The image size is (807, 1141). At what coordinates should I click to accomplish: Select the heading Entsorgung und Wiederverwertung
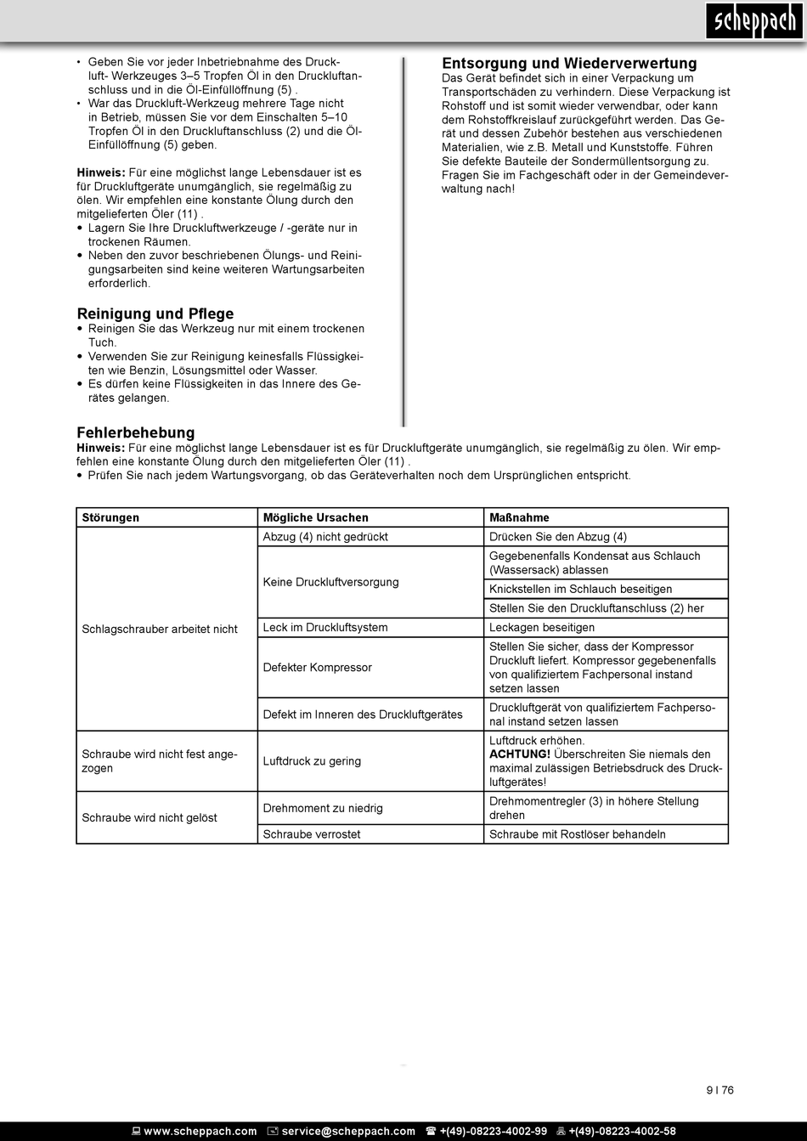point(569,64)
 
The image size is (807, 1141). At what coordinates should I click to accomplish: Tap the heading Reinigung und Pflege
point(155,313)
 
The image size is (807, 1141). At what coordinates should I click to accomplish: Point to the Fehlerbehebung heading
point(136,432)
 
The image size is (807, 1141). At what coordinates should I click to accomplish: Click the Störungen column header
point(110,517)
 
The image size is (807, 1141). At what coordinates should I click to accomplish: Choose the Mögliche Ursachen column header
point(316,517)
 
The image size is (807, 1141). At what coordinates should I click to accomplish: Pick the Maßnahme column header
point(519,517)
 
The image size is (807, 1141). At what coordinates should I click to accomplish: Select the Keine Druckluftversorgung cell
point(330,582)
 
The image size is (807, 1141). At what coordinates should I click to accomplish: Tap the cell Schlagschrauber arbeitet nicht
point(160,629)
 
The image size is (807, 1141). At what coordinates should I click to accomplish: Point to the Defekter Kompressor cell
point(317,668)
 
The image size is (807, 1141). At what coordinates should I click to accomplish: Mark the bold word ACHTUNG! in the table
point(520,754)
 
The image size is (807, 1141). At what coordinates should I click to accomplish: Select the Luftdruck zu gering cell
point(312,761)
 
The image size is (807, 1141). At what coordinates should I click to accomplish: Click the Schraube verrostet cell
point(312,834)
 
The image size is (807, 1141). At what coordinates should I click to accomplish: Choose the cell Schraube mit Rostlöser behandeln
point(577,834)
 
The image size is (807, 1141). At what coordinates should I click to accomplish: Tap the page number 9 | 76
point(719,1091)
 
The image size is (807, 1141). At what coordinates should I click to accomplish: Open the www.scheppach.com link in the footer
point(200,1132)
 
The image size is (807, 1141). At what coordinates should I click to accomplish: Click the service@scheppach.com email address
point(348,1132)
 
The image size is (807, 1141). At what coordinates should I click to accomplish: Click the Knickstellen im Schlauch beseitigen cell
point(580,590)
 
